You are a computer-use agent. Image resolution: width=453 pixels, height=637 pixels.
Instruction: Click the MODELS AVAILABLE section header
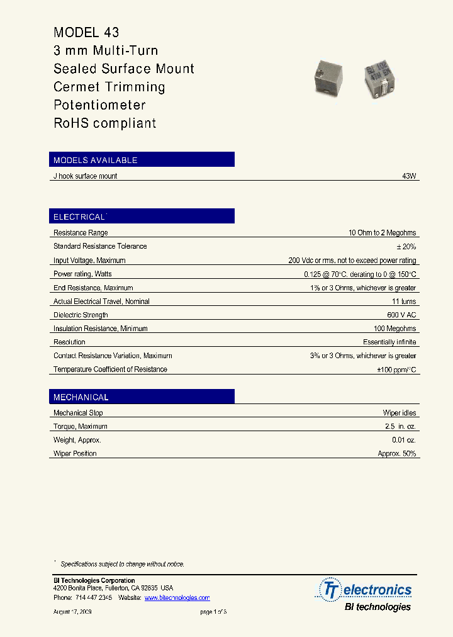click(96, 160)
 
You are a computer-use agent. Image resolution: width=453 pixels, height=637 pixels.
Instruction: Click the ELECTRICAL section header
click(79, 217)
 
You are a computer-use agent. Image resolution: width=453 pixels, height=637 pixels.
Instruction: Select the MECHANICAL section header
click(81, 397)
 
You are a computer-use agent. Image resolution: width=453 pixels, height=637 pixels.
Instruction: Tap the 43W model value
click(409, 176)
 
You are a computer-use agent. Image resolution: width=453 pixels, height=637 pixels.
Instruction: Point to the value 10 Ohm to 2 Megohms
click(383, 233)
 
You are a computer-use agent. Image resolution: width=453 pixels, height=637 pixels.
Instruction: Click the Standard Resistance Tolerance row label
click(100, 247)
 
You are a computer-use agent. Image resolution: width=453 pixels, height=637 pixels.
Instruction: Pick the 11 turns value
click(404, 302)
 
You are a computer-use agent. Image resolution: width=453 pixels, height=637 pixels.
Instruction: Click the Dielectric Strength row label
click(81, 315)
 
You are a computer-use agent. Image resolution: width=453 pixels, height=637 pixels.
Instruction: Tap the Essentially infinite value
click(389, 342)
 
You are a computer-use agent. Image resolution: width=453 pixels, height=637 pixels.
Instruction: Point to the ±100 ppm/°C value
click(397, 370)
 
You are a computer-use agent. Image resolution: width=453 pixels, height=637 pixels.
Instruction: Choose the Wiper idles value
click(400, 413)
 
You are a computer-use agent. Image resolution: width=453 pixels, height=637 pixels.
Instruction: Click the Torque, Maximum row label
click(80, 427)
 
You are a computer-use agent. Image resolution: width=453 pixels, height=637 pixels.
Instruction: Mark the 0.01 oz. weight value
click(404, 441)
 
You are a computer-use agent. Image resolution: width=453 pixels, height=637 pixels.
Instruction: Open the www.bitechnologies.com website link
click(177, 597)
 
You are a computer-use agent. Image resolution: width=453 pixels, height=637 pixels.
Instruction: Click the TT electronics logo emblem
click(329, 590)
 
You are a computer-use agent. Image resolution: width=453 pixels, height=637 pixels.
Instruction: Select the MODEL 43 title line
click(87, 33)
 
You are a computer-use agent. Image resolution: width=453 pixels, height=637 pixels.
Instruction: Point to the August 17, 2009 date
click(73, 612)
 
